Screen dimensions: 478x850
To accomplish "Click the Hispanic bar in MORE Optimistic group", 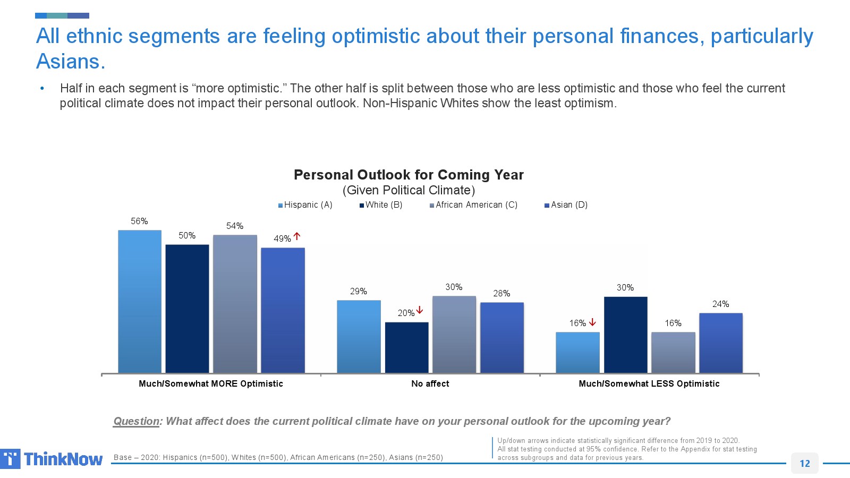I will click(140, 301).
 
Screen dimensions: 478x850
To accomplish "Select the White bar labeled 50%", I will click(187, 309).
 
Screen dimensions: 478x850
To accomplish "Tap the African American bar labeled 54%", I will click(235, 304).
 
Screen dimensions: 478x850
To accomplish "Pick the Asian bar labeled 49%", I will click(283, 310).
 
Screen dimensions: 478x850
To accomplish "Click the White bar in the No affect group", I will click(406, 347).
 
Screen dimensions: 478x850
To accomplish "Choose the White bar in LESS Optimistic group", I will click(625, 335).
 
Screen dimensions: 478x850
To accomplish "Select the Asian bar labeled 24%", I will click(720, 343).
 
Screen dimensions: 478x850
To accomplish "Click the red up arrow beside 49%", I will click(297, 236).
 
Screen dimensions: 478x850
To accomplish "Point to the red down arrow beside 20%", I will click(420, 310).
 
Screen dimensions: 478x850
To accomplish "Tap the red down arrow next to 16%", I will click(592, 322).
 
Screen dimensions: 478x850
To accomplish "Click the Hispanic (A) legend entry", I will click(305, 205).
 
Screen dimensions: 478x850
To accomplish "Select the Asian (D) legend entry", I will click(566, 205).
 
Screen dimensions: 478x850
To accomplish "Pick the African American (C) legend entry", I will click(474, 205).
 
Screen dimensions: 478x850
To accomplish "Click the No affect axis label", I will click(430, 383).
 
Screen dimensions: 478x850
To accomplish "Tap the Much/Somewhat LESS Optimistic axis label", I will click(649, 383).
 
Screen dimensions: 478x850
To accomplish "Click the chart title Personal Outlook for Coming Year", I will click(409, 175).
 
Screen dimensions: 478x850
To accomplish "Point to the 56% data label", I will click(139, 221).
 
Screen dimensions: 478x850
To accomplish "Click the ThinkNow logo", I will click(52, 459).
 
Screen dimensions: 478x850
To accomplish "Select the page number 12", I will click(804, 463).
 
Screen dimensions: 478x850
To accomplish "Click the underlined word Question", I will click(137, 421).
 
